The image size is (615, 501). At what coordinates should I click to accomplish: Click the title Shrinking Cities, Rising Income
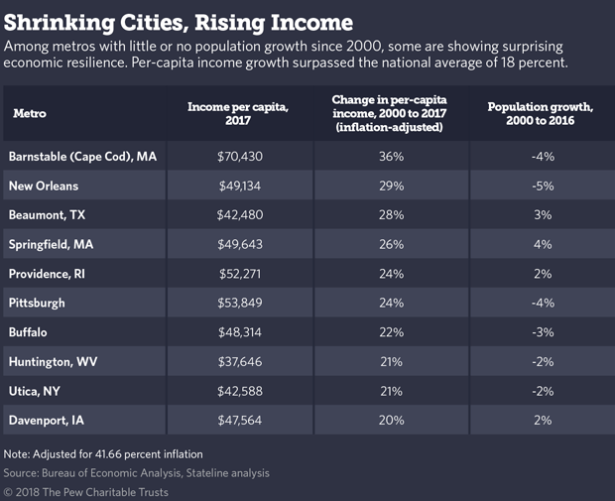[x=179, y=19]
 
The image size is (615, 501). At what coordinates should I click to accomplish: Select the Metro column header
[x=30, y=113]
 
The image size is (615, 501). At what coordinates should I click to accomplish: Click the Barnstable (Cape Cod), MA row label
[x=83, y=157]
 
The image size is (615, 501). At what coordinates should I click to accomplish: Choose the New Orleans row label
[x=44, y=186]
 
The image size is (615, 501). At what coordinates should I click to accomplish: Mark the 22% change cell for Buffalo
[x=391, y=331]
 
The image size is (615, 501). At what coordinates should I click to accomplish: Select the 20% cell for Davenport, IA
[x=391, y=420]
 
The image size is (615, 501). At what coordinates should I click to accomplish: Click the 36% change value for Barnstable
[x=391, y=157]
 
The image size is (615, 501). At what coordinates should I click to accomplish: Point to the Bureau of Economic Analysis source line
[x=137, y=473]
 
